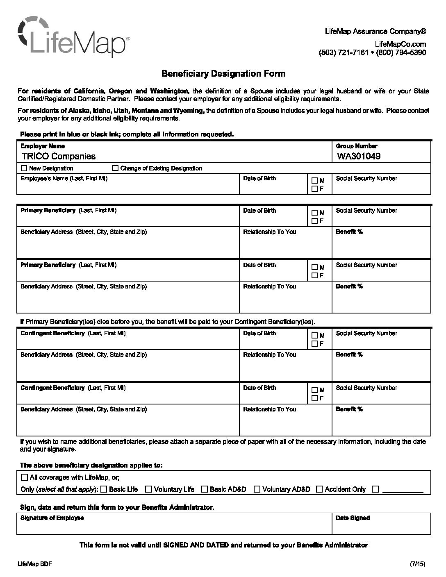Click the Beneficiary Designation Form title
[x=223, y=74]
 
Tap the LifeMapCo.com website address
[x=400, y=44]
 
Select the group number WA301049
[x=359, y=156]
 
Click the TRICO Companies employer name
[x=58, y=156]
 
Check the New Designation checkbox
[x=24, y=168]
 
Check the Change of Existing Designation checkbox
[x=115, y=168]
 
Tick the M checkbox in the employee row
[x=314, y=180]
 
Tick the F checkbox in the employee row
[x=314, y=189]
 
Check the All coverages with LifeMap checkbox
[x=24, y=477]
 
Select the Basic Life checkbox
[x=104, y=489]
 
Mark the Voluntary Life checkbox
[x=149, y=489]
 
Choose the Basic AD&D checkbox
[x=204, y=489]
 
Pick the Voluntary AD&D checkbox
[x=257, y=489]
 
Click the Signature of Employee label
[x=52, y=518]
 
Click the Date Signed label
[x=353, y=518]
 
